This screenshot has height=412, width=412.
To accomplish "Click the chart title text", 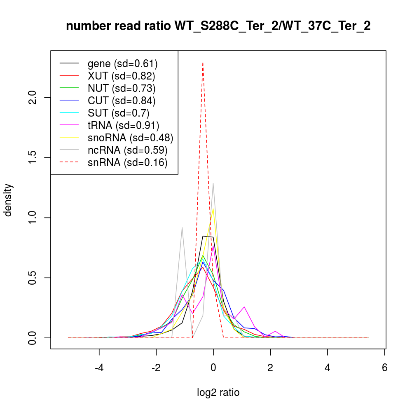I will (x=218, y=26).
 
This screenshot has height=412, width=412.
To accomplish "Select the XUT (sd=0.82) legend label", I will (x=121, y=76).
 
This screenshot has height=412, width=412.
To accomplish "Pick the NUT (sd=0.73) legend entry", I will (x=121, y=88).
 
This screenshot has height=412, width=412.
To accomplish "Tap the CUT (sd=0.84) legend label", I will (x=121, y=101).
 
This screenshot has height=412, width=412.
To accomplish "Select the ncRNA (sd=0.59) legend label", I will (x=127, y=150).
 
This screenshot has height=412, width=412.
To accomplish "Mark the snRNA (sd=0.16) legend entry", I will (x=127, y=162).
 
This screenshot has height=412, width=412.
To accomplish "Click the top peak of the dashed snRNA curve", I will (x=203, y=63).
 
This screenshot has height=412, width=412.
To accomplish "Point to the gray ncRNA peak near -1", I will (x=182, y=227).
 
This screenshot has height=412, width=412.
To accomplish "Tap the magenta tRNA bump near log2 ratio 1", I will (x=244, y=307).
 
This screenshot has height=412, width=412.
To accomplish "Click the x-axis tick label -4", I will (x=99, y=368).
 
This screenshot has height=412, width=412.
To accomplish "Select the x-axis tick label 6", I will (x=384, y=368).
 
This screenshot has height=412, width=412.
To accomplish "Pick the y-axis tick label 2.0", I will (x=35, y=98).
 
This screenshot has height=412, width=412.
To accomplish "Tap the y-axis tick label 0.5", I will (x=35, y=278).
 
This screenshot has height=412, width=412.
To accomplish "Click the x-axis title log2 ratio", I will (x=218, y=393).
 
